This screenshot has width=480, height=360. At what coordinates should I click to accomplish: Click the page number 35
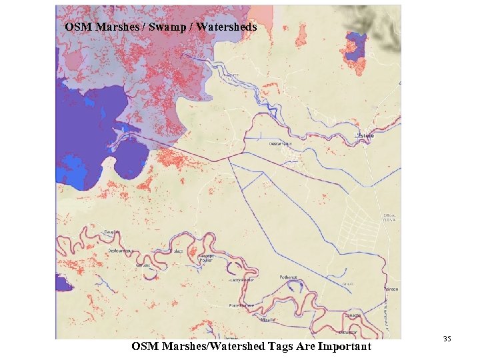(447, 340)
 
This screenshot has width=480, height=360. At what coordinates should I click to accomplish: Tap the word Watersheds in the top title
(226, 27)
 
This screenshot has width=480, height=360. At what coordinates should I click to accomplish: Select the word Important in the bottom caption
(345, 346)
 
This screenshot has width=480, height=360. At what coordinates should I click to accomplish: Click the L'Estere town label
(364, 135)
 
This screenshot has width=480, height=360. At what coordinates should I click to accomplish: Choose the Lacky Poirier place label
(241, 280)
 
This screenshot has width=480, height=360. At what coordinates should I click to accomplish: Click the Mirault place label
(269, 319)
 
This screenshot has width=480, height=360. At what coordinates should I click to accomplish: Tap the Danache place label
(353, 315)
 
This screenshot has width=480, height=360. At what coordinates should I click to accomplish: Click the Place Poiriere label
(243, 305)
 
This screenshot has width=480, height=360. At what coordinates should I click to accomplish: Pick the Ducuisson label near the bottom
(348, 331)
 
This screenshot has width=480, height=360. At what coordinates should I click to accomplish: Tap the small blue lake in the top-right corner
(357, 42)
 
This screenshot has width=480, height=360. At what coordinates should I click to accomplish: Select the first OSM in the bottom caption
(144, 346)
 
